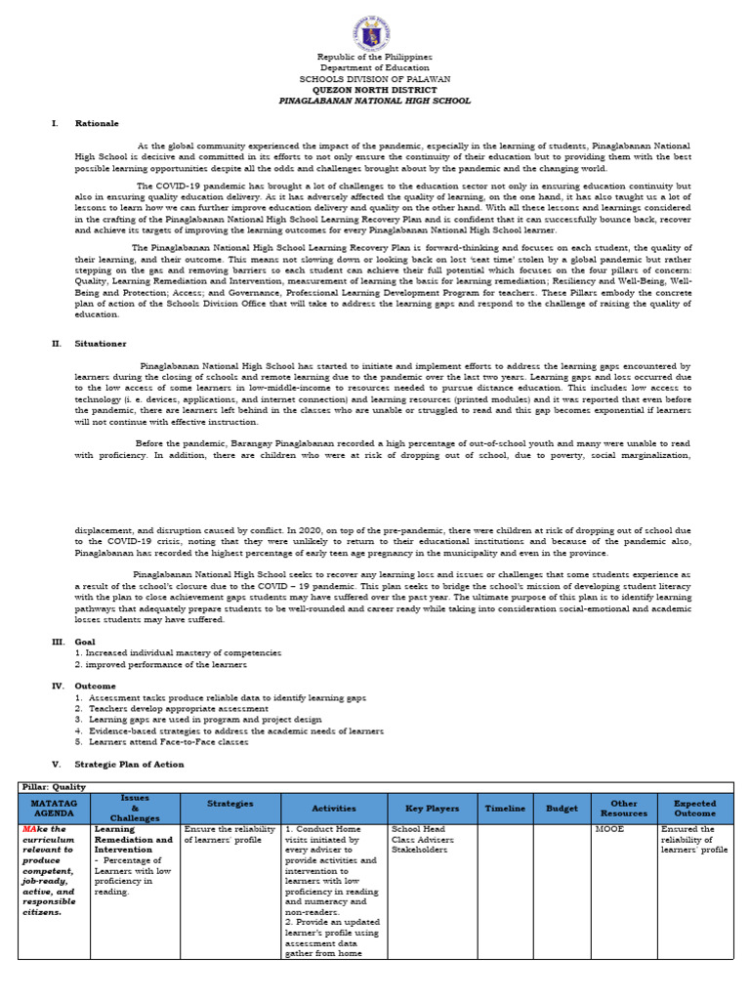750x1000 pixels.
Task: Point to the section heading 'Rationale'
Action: pos(101,124)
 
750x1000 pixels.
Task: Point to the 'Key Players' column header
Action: pos(424,809)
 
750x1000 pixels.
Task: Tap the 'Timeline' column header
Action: pos(505,809)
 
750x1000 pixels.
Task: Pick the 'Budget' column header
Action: pos(562,809)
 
